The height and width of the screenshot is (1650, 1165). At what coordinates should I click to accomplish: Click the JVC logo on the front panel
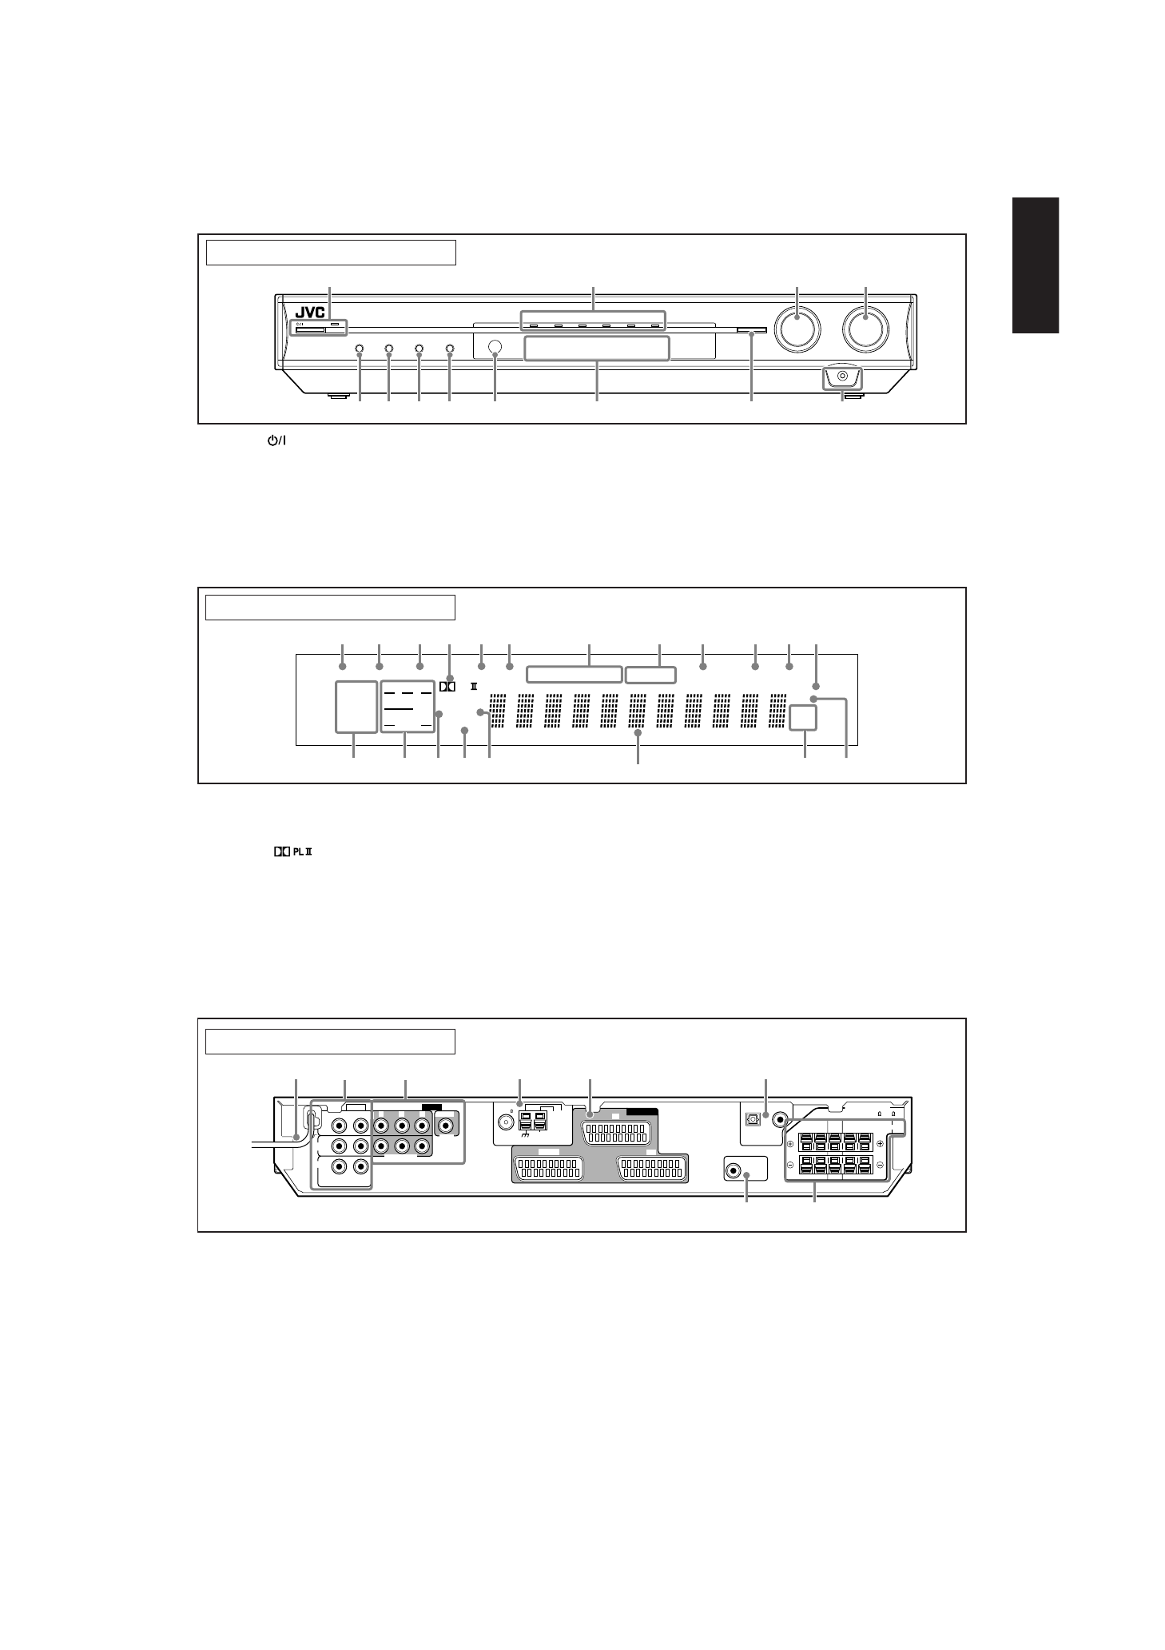(x=307, y=312)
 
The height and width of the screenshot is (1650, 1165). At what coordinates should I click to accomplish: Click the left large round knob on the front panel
(x=797, y=328)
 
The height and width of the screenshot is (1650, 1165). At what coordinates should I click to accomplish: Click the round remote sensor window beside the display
(x=495, y=348)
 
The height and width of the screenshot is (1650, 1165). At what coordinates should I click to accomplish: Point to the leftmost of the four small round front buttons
(x=359, y=349)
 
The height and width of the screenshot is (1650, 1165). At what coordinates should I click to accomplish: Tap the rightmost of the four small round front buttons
(x=449, y=349)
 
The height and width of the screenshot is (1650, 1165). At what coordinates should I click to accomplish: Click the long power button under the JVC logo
(x=310, y=329)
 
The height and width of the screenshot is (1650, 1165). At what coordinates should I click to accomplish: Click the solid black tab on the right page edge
(x=1035, y=265)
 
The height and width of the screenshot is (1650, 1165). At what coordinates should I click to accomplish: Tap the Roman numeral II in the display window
(x=474, y=686)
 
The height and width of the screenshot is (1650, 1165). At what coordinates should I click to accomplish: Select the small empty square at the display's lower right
(x=803, y=717)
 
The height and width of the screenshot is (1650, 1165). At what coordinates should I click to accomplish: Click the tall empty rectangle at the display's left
(x=356, y=706)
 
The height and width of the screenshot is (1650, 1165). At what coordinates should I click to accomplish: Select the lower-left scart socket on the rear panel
(x=547, y=1168)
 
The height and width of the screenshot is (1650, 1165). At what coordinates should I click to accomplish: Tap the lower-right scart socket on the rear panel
(x=652, y=1168)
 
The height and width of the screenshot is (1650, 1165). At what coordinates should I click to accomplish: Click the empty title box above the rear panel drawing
(x=330, y=1042)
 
